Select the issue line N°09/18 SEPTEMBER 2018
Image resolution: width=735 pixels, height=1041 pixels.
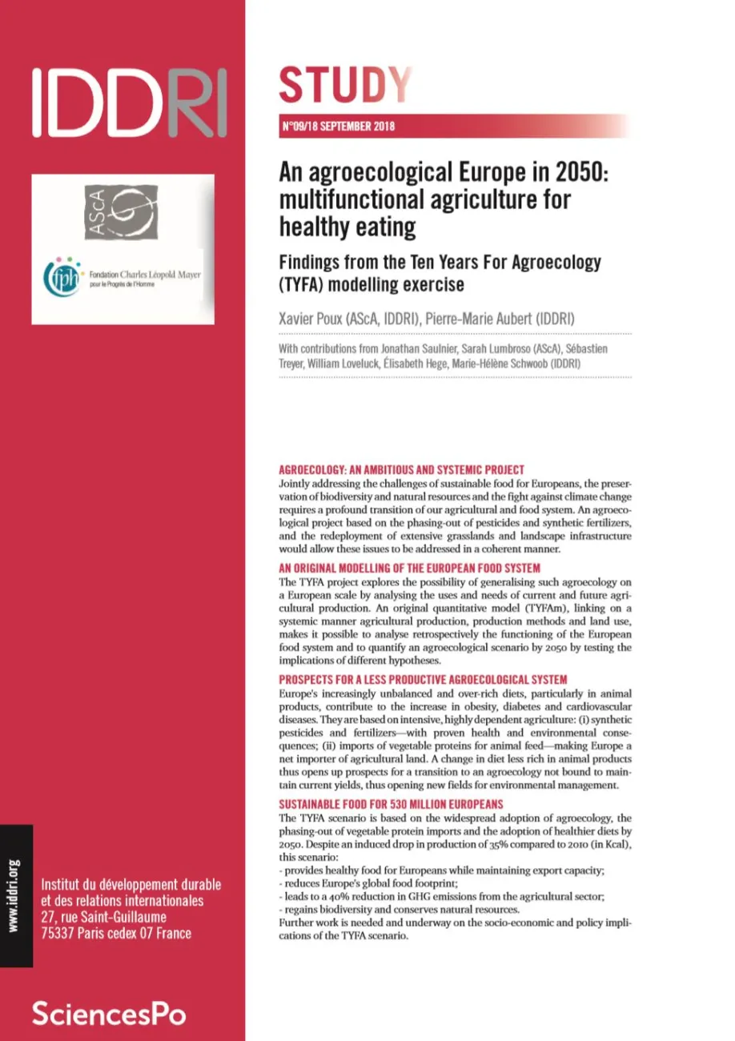point(339,126)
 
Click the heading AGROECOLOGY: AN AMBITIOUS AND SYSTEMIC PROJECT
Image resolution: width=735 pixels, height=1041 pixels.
point(400,469)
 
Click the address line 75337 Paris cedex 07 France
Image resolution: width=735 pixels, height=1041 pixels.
point(116,933)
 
